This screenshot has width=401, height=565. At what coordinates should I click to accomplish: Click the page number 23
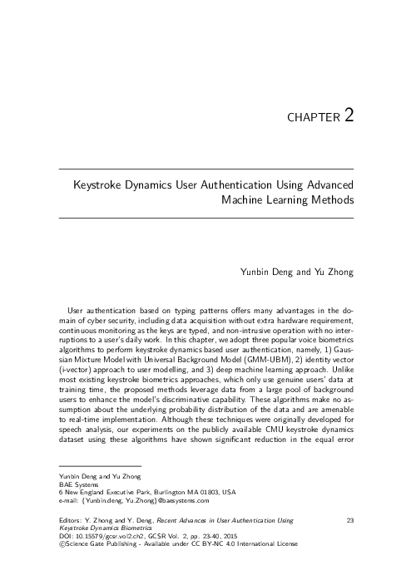coord(349,520)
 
